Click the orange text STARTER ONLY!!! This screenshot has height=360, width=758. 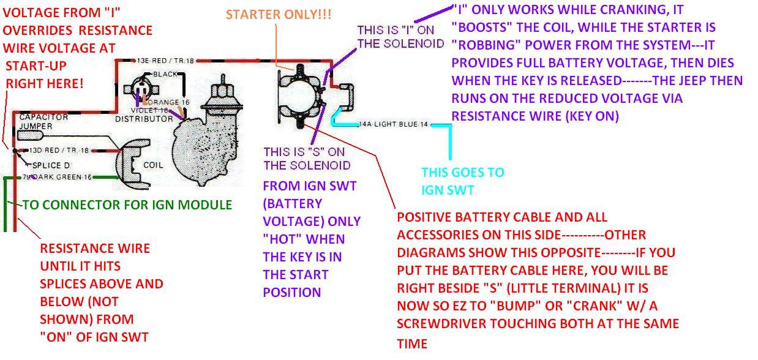[279, 14]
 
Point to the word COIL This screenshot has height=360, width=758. [152, 165]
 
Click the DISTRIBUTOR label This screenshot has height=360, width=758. [144, 118]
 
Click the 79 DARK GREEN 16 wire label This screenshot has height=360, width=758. [58, 178]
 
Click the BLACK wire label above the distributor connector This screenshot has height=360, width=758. [165, 74]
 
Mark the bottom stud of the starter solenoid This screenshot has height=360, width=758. [301, 122]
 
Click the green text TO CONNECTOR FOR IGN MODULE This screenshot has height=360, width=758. [127, 205]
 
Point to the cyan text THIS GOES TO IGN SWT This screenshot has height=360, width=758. [462, 181]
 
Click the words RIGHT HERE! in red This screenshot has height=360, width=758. [45, 83]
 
